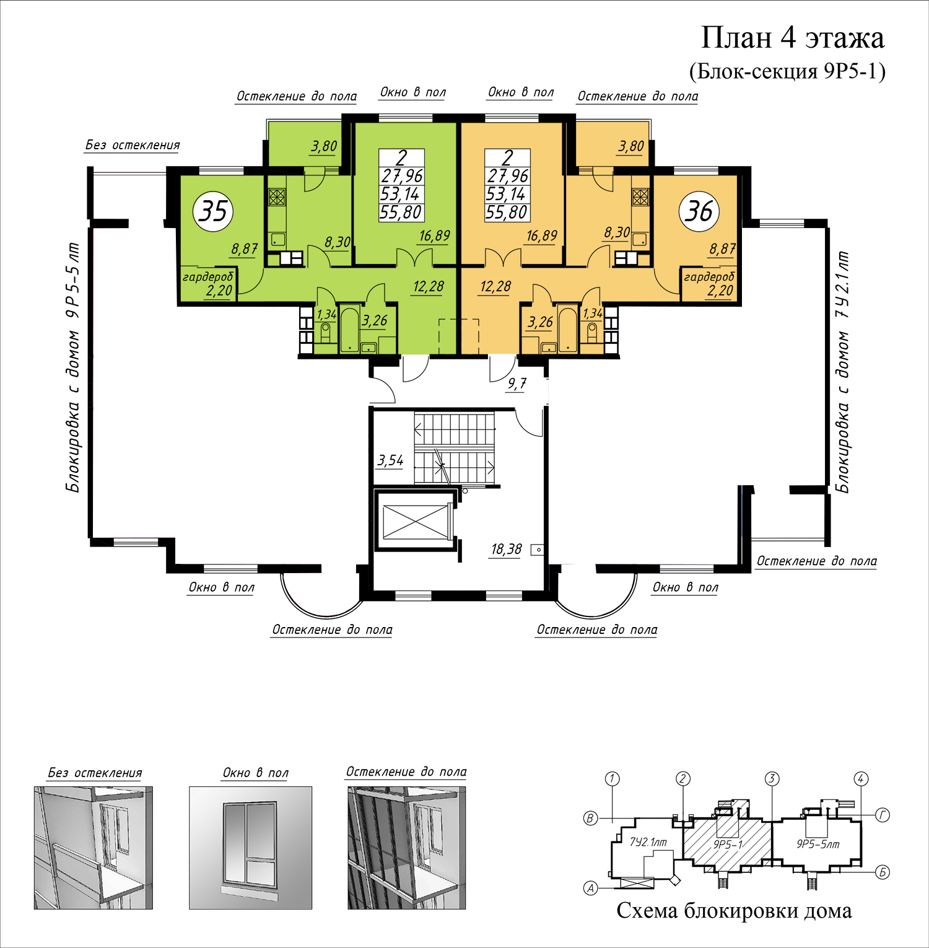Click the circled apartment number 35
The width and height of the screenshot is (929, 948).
(214, 211)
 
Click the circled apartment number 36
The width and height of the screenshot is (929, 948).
(699, 211)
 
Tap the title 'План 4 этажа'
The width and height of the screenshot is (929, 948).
(792, 38)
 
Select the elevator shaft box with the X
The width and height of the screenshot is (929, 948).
(415, 522)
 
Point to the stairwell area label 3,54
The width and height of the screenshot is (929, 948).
(390, 460)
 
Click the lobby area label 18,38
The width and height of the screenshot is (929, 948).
(506, 549)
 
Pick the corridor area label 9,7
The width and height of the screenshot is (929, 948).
(517, 384)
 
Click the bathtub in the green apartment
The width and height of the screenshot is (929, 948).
(349, 330)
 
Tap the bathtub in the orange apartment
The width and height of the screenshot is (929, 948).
(567, 330)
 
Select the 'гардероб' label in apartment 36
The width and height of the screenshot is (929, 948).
(709, 277)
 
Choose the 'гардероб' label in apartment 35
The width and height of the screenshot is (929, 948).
(207, 277)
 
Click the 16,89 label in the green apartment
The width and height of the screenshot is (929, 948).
(434, 235)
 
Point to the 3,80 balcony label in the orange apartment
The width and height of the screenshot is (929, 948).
(631, 146)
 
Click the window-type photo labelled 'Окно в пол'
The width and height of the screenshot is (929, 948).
(250, 847)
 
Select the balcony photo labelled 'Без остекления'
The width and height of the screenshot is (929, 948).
(93, 847)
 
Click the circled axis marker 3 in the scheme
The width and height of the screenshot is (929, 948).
(771, 779)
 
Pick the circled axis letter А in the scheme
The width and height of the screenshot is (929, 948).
(591, 889)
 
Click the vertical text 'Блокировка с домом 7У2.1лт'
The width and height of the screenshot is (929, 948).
(842, 372)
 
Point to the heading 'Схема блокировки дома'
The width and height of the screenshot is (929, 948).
(734, 910)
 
